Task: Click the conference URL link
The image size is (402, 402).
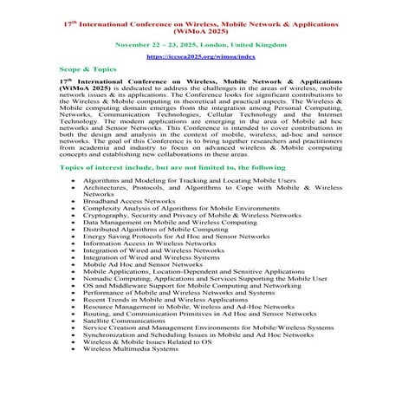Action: click(201, 53)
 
